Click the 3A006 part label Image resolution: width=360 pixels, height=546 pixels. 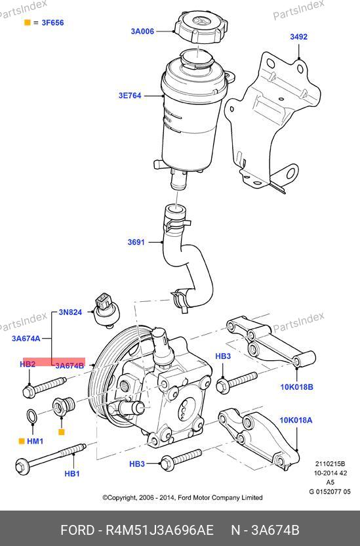point(142,31)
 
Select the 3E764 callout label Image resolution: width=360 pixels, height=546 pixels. point(130,95)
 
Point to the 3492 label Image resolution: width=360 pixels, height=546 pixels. point(299,37)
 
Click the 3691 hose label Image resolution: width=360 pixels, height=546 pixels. point(136,242)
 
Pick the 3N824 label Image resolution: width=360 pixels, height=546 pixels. point(70,312)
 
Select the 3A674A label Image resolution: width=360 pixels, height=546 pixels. point(26,338)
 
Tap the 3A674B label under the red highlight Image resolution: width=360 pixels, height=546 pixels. point(70,366)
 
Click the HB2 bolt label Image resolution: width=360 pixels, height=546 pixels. point(28,364)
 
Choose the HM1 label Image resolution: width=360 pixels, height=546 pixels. point(35,441)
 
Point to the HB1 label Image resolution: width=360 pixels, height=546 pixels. point(72,474)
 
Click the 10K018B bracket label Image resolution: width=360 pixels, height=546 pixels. point(296,387)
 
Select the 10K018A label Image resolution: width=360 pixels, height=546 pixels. point(296,420)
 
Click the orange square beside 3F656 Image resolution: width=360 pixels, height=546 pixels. point(27,22)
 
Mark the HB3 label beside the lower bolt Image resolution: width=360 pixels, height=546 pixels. point(137,464)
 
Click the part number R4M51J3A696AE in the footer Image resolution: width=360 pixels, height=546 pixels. point(159,530)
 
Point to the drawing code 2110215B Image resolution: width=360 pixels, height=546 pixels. point(330,464)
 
